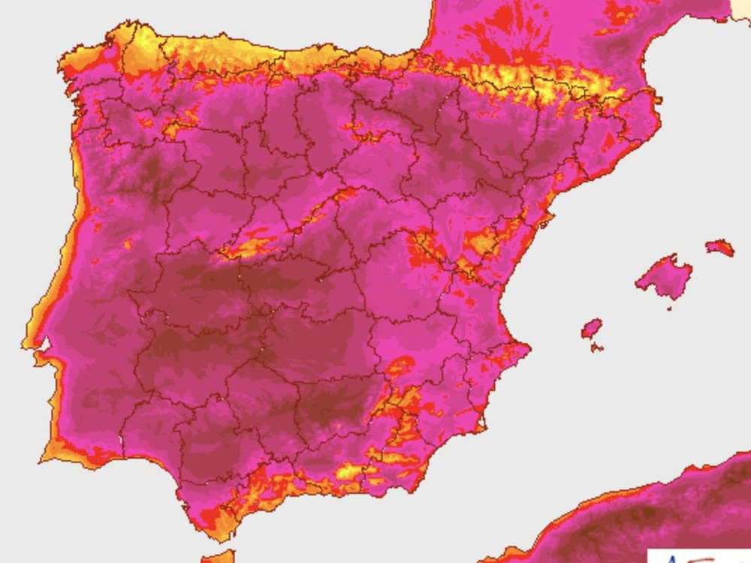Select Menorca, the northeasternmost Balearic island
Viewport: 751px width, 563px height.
[x=719, y=247]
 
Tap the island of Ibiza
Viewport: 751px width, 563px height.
[x=592, y=329]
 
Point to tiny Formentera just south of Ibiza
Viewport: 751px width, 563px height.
[x=596, y=347]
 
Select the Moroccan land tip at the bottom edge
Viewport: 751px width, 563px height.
[x=218, y=557]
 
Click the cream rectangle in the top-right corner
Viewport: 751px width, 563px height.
[x=740, y=9]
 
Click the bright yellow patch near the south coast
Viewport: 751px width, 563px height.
[x=349, y=471]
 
